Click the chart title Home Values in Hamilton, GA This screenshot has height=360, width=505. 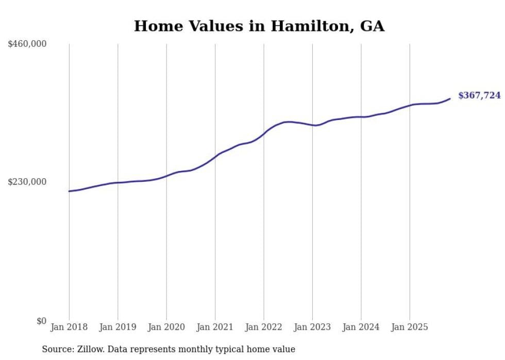(259, 26)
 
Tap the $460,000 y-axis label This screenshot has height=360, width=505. (27, 44)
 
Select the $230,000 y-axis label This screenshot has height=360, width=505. (27, 182)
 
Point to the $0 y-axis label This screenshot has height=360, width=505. (41, 321)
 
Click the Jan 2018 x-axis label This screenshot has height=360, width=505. (69, 328)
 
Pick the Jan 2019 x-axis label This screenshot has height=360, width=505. (117, 328)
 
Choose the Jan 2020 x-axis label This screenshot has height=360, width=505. (166, 328)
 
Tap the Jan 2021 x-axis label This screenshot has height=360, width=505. (215, 328)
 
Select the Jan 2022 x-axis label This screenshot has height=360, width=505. (264, 328)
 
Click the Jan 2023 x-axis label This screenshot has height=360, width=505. (312, 328)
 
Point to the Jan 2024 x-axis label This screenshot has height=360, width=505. (361, 328)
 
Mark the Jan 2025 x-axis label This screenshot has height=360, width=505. (410, 328)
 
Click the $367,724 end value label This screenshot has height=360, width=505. (479, 95)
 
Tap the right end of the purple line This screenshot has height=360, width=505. (450, 98)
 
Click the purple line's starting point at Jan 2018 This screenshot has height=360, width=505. (69, 191)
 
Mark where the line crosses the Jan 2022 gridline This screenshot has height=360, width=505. (264, 133)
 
